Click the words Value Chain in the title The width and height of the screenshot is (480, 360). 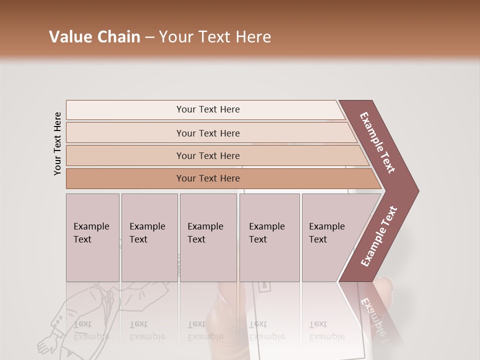[94, 37]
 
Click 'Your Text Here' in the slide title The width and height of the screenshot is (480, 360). [215, 37]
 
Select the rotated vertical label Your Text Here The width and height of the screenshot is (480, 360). [57, 143]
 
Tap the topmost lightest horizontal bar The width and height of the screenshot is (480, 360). [208, 109]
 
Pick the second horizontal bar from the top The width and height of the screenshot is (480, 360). [208, 133]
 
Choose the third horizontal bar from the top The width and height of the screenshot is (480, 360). [208, 155]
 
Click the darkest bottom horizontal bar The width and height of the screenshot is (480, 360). [208, 178]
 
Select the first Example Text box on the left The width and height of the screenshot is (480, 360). [92, 237]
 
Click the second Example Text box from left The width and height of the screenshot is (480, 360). [149, 237]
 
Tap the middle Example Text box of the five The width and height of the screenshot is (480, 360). [208, 237]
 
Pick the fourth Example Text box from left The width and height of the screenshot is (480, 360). [269, 237]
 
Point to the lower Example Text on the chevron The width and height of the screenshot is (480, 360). [379, 236]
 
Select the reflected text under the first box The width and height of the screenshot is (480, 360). [91, 330]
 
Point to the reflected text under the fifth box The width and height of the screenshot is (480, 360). [326, 330]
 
